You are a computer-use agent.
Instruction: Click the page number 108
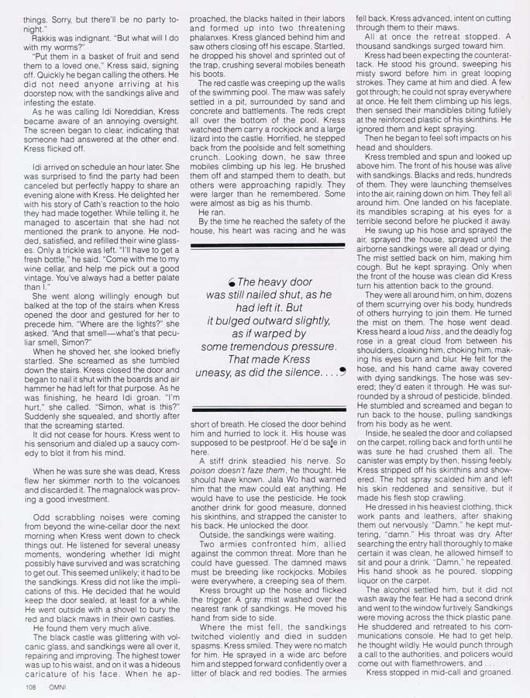click(30, 686)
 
